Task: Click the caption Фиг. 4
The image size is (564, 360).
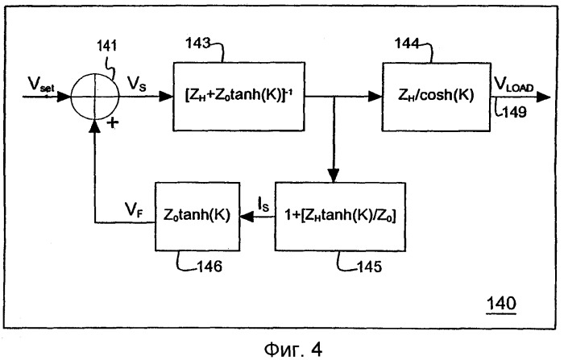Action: pos(282,346)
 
